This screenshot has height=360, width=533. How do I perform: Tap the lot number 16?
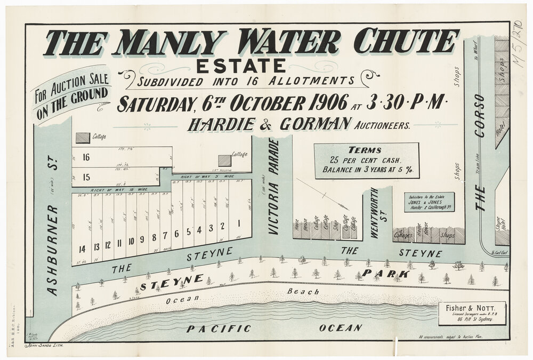point(85,157)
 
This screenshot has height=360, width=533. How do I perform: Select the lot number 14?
point(82,249)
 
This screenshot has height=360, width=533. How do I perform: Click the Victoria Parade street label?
point(273,187)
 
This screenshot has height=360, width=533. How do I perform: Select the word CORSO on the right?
point(479,115)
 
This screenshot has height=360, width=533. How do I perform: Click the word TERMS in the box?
point(365,150)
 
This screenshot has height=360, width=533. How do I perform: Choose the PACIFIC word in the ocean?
point(219,329)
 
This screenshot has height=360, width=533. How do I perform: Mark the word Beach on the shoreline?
point(303,292)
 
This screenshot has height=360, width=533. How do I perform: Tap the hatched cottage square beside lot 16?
point(83,138)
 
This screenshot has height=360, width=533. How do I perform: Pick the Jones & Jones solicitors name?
point(429,203)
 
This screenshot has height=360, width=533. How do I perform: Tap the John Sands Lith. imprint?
point(44,346)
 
